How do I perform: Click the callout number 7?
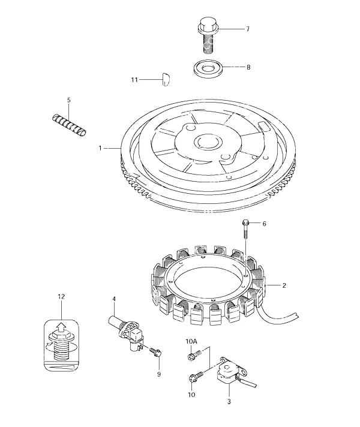247,29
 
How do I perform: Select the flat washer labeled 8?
208,68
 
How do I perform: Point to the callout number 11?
134,80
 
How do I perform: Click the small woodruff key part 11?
166,80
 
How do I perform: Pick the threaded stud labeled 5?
69,125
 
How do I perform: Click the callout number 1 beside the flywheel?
100,148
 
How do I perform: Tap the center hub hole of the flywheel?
208,142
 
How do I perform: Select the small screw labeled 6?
245,230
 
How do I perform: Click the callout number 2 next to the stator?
284,285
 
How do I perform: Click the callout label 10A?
191,341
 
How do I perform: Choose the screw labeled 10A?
194,355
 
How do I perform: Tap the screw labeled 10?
196,377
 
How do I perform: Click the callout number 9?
159,374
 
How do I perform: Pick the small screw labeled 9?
155,352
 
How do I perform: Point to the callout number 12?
61,296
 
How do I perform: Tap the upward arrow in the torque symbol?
62,327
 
